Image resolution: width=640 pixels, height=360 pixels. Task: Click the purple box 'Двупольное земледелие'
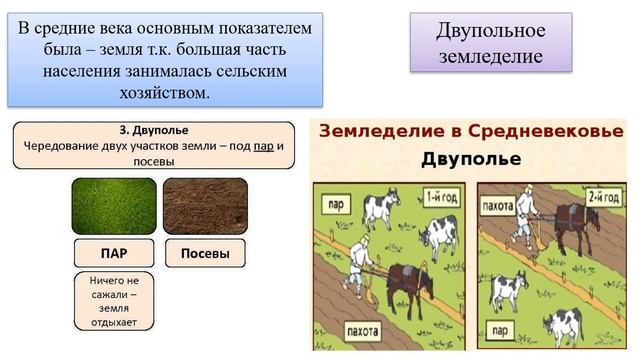(x=490, y=42)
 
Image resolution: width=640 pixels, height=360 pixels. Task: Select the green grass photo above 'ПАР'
(x=113, y=205)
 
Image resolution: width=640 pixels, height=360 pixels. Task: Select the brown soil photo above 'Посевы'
(x=205, y=205)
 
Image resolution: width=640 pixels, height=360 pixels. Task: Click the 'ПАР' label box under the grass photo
(x=113, y=254)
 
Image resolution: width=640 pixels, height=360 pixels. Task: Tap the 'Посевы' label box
(x=205, y=254)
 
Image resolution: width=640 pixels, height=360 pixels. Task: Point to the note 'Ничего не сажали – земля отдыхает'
(x=113, y=301)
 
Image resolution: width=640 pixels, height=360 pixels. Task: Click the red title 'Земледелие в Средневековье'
(x=470, y=132)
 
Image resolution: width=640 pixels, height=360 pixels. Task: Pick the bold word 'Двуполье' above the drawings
(x=470, y=159)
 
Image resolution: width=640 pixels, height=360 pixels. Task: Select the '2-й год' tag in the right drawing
(x=607, y=195)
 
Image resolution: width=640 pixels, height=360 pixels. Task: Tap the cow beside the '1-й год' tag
(x=437, y=237)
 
